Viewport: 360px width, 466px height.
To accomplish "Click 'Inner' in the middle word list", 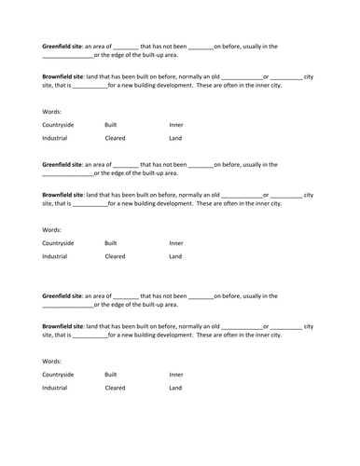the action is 176,243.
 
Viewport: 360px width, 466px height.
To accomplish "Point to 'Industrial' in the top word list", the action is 55,138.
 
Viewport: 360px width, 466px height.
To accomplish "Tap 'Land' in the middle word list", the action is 175,256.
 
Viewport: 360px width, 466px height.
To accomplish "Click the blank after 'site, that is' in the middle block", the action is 90,204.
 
